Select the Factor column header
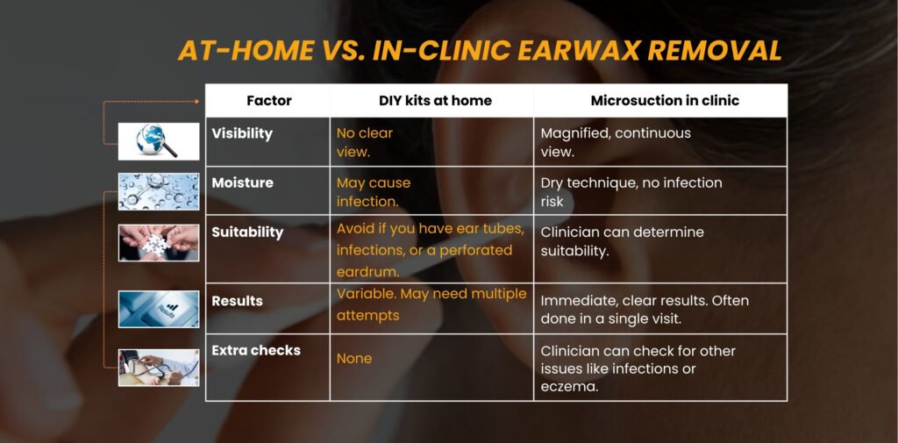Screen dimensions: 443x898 (268, 100)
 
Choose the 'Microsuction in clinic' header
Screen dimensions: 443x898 (664, 100)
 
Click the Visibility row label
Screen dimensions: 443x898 (242, 133)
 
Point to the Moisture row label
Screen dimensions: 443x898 (242, 182)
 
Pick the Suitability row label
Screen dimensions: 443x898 (247, 232)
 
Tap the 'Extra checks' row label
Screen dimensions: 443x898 (256, 350)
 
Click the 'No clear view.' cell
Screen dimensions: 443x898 (365, 141)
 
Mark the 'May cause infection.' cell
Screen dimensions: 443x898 (374, 192)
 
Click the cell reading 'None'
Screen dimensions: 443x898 (354, 358)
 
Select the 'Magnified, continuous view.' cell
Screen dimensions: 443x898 (616, 142)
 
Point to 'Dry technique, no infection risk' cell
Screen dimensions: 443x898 (631, 192)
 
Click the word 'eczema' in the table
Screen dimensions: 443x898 (569, 385)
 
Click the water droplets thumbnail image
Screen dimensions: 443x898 (159, 191)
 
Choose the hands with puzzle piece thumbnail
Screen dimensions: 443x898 (159, 242)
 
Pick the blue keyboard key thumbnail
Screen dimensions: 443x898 (159, 309)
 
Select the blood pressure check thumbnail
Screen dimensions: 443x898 (159, 368)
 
